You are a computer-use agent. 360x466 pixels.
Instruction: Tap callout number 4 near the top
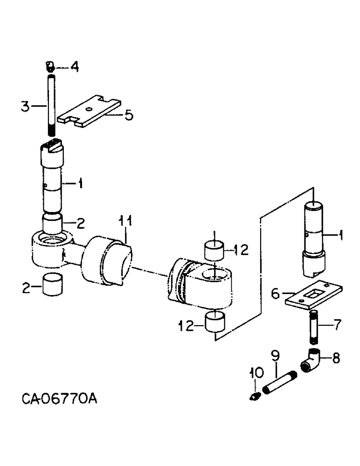coord(74,67)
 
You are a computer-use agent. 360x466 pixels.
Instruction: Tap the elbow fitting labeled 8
coord(311,362)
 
